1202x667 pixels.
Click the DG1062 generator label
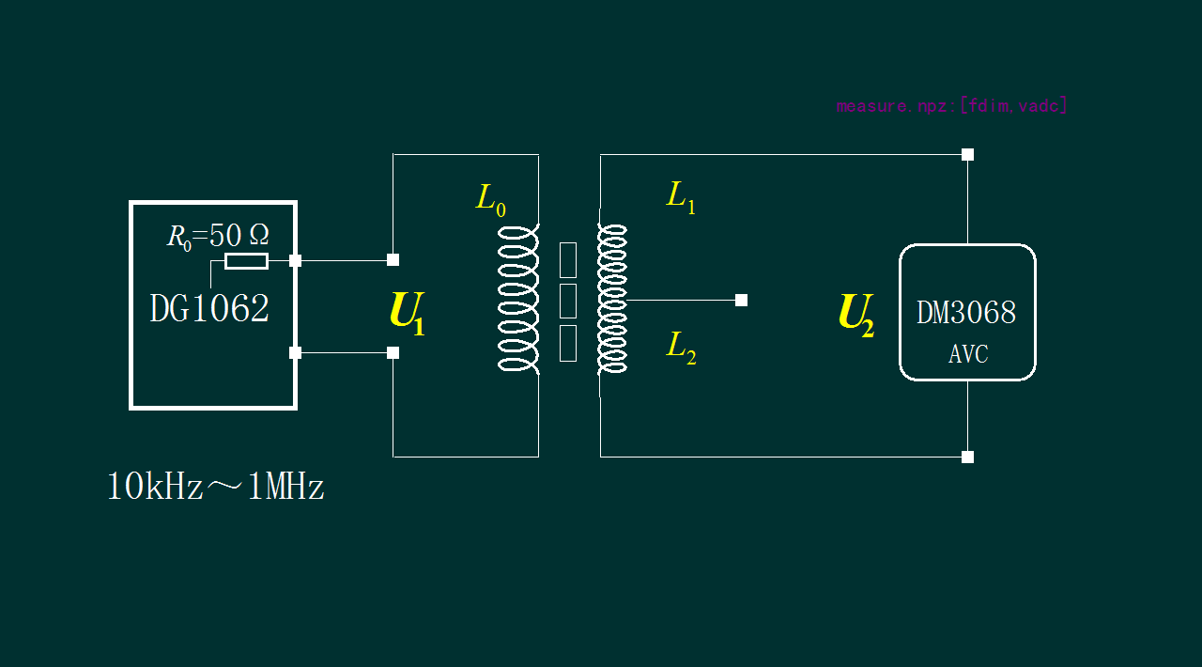click(x=209, y=309)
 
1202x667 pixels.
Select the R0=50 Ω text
click(x=218, y=235)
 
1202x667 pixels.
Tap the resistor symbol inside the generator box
click(x=246, y=261)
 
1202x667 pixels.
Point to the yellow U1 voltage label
click(x=407, y=313)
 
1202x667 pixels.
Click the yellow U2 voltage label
click(x=855, y=314)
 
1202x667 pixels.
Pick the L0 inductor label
click(x=490, y=199)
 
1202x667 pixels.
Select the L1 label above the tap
click(x=681, y=196)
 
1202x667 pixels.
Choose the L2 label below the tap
click(x=681, y=347)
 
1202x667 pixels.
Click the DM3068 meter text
click(x=966, y=313)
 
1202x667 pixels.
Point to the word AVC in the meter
click(x=967, y=354)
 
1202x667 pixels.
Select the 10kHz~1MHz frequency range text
click(x=215, y=488)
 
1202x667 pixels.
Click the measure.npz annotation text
click(x=951, y=105)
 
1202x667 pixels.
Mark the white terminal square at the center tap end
click(x=741, y=301)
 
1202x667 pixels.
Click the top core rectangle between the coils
click(x=567, y=260)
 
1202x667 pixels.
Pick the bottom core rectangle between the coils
click(x=567, y=343)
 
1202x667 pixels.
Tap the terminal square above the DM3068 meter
click(x=967, y=154)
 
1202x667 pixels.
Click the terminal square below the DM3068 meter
click(x=967, y=457)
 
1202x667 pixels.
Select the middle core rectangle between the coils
click(x=567, y=301)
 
